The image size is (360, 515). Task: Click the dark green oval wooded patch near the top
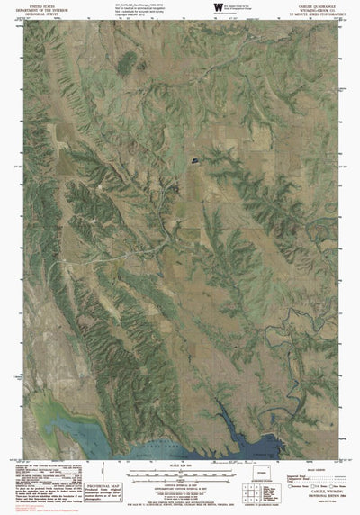coord(128,62)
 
